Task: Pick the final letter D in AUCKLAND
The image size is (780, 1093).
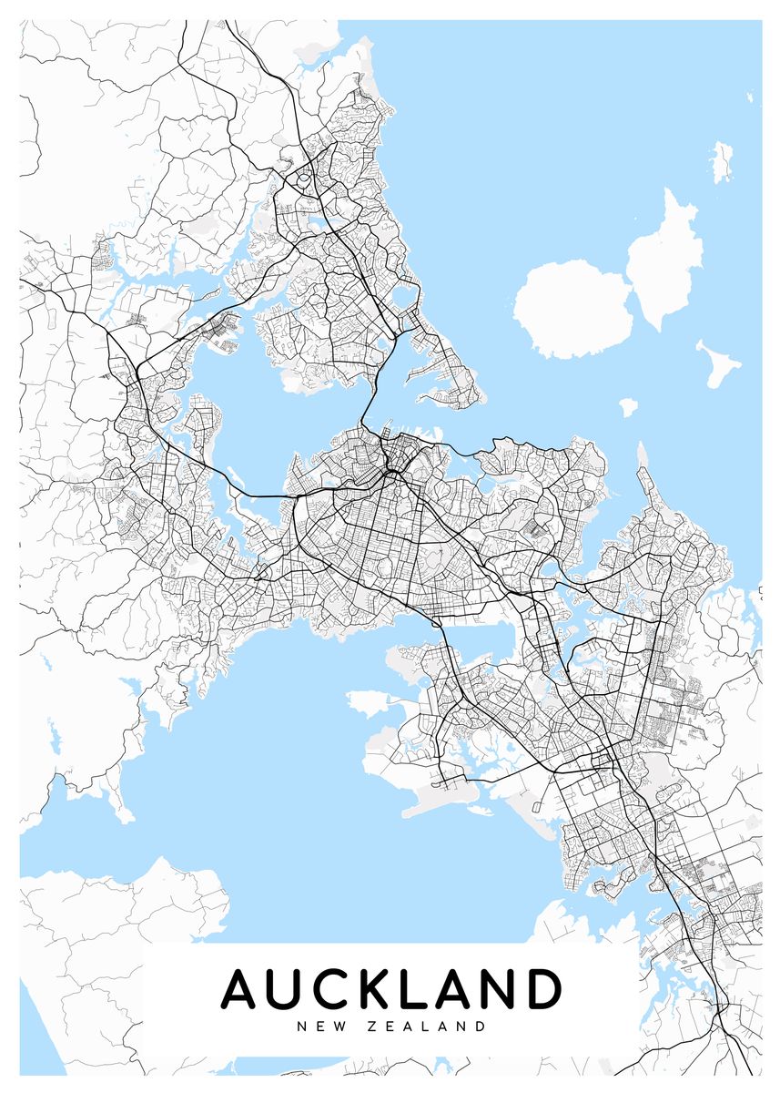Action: point(542,989)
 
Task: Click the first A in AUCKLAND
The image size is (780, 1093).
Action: point(243,989)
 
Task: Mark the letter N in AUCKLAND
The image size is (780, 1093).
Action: point(497,989)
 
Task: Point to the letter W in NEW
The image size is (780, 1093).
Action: point(338,1027)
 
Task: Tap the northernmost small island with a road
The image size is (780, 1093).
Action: point(723,160)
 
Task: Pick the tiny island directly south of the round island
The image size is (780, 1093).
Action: point(628,407)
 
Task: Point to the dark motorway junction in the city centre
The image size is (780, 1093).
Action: point(392,474)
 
